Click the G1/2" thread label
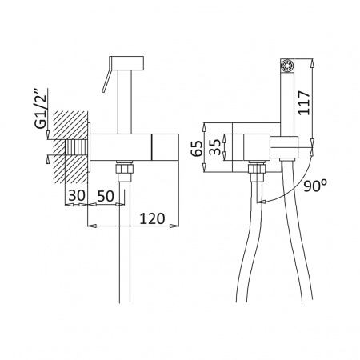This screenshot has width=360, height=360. [x=42, y=109]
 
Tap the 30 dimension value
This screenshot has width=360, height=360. [x=77, y=195]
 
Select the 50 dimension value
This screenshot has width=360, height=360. [x=106, y=196]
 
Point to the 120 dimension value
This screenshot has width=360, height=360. [x=152, y=218]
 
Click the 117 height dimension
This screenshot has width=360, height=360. [x=305, y=103]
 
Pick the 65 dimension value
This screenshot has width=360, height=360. [x=197, y=148]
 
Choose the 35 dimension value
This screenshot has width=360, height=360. [x=215, y=147]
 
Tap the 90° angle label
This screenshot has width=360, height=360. [x=315, y=186]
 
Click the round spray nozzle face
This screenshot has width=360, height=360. [x=287, y=65]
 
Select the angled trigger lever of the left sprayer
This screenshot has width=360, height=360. [x=106, y=80]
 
